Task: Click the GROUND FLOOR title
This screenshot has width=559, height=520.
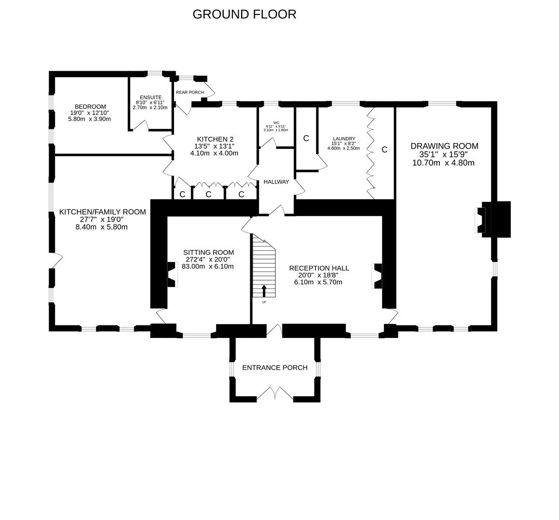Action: [244, 14]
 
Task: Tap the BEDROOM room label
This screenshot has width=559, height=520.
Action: [90, 106]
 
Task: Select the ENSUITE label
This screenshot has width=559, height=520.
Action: [150, 97]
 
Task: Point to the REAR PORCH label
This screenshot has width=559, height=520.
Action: [190, 92]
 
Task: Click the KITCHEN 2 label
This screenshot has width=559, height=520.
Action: [215, 139]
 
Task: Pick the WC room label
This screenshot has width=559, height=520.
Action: [276, 123]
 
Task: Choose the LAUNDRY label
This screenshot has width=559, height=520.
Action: [343, 139]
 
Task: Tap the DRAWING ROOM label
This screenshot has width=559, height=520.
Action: [444, 146]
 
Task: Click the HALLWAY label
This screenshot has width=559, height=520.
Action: [276, 182]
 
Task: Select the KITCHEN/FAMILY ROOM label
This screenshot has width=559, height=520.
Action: [102, 212]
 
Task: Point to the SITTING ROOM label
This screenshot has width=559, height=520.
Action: [208, 252]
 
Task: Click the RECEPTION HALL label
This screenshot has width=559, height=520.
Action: [319, 268]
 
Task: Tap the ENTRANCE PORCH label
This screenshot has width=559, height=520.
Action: [274, 368]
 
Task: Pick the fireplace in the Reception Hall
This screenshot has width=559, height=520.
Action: [377, 275]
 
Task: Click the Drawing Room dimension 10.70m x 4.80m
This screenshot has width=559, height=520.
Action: [443, 163]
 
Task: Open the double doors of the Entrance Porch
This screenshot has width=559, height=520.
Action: [274, 394]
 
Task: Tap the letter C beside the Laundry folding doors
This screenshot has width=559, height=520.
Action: [384, 150]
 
